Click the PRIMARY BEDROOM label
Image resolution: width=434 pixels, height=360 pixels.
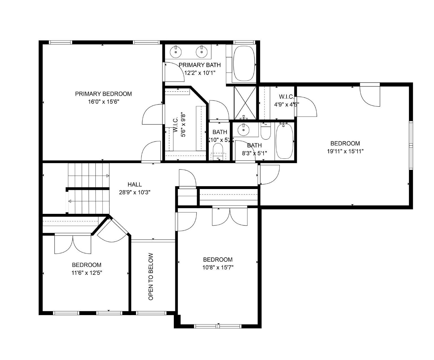pyautogui.click(x=103, y=94)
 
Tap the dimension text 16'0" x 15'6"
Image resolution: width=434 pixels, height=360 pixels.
pyautogui.click(x=103, y=102)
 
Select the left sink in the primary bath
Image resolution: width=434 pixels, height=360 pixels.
pyautogui.click(x=176, y=52)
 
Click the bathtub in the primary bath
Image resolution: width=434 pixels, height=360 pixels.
pyautogui.click(x=244, y=63)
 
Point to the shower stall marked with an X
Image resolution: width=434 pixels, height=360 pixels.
pyautogui.click(x=245, y=103)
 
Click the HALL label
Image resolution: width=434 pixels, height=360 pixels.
pyautogui.click(x=135, y=185)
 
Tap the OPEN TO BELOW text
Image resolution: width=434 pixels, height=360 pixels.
pyautogui.click(x=151, y=276)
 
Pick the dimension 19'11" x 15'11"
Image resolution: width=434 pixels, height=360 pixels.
pyautogui.click(x=345, y=151)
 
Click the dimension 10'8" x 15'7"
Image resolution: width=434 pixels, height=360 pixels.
pyautogui.click(x=218, y=267)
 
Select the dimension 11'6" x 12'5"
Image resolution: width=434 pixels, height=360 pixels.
pyautogui.click(x=87, y=273)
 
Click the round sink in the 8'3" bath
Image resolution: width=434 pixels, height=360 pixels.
pyautogui.click(x=243, y=130)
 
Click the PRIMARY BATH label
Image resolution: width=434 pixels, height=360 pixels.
pyautogui.click(x=200, y=65)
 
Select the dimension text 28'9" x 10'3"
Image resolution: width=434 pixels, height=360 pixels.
pyautogui.click(x=135, y=192)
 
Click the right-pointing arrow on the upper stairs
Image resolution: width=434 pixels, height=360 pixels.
pyautogui.click(x=108, y=176)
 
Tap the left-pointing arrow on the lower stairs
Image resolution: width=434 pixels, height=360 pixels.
pyautogui.click(x=69, y=201)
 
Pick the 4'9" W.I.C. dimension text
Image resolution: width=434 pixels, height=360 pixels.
pyautogui.click(x=287, y=104)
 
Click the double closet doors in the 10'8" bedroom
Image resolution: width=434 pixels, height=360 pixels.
pyautogui.click(x=230, y=217)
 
